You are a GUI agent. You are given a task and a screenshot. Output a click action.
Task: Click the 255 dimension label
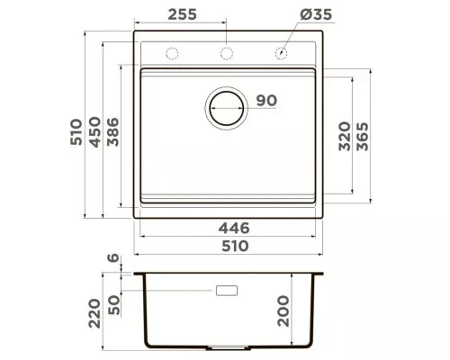coord(182,14)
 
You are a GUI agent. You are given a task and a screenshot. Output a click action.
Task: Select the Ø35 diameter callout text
coord(316,14)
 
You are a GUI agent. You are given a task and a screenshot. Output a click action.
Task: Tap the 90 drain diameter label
coord(266,101)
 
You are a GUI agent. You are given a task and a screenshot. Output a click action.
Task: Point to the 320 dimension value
coord(345,136)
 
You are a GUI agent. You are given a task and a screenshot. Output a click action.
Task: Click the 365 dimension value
coord(363,136)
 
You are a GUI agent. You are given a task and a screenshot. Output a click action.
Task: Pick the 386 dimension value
coord(112,132)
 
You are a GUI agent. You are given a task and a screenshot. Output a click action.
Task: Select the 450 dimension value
coord(95,132)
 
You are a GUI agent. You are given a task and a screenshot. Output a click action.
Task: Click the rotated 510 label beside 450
coord(76,132)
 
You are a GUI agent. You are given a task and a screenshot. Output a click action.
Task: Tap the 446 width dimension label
coord(234,229)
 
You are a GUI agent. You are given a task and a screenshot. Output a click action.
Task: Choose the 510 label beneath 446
coord(235,247)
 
